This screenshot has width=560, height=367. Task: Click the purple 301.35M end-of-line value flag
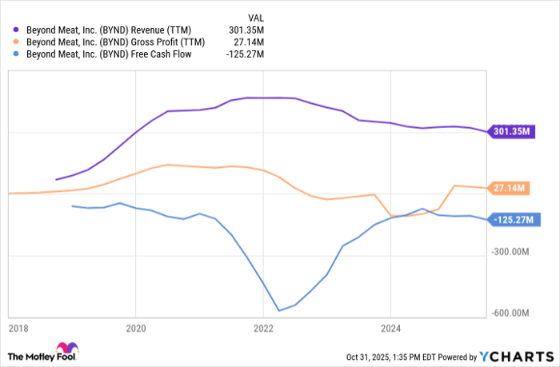[511, 131]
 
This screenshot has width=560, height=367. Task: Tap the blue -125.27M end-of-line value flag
[512, 219]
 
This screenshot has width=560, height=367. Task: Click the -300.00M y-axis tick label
[513, 252]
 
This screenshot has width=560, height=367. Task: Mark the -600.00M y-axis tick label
[513, 313]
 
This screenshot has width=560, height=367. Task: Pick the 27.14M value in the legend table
[250, 42]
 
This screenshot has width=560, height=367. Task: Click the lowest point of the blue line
[279, 310]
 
